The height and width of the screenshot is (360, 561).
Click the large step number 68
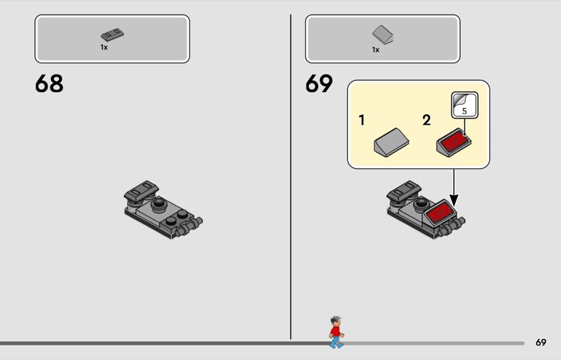point(49,84)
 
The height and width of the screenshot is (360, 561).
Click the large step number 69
point(319,84)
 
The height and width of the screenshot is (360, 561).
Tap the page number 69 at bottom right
point(541,342)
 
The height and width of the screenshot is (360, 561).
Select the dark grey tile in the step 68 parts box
point(112,34)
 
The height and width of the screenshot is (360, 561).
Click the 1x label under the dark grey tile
point(104,47)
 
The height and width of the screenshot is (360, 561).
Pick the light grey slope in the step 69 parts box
point(382,34)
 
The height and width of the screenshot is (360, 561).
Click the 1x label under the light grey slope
point(376,50)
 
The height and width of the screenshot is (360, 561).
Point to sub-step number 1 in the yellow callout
point(362,120)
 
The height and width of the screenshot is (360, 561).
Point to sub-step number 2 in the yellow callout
point(426,120)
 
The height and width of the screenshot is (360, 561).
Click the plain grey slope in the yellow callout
point(391,142)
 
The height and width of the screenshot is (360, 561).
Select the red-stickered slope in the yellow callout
point(454,142)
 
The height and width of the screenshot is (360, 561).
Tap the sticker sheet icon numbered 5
point(464,105)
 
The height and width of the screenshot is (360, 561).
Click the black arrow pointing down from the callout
point(454,187)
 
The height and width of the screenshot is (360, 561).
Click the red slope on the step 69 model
point(440,212)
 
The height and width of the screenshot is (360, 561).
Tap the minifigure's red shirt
point(335,331)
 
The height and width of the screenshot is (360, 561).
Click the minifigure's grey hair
point(336,319)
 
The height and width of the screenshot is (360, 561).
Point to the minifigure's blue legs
point(336,342)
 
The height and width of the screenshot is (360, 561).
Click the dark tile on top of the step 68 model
point(142,190)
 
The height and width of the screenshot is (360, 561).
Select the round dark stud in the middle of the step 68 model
point(158,204)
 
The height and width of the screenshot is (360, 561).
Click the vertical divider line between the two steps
point(290,177)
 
